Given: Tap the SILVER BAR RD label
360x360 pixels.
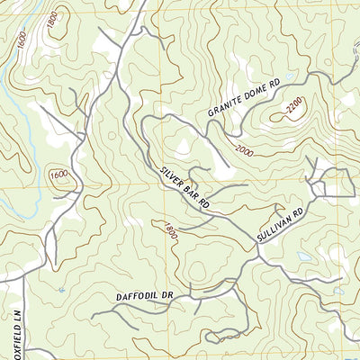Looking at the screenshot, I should [x=185, y=187].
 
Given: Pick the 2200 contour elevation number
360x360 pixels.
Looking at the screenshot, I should [x=294, y=110].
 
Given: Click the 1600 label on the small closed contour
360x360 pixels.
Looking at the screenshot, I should [x=59, y=175].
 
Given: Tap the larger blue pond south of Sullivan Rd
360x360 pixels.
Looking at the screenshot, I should [x=305, y=256].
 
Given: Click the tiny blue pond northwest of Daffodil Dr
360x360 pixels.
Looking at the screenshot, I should [x=60, y=290].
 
